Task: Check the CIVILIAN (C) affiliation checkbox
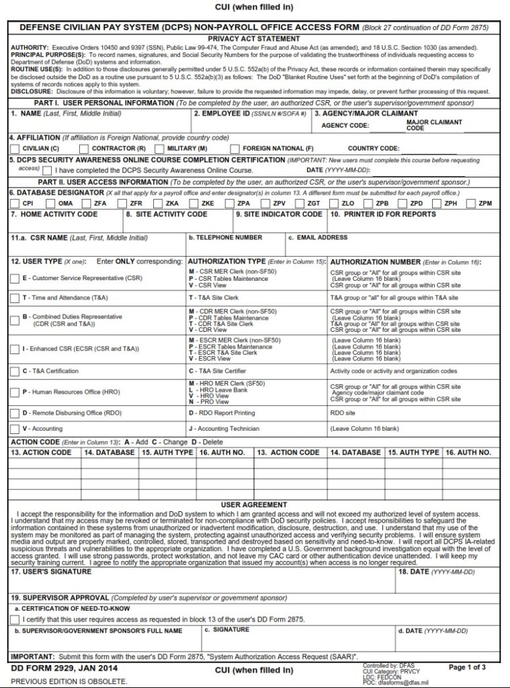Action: [x=15, y=148]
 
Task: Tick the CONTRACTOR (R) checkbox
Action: [x=84, y=148]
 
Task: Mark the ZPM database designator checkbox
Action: [x=470, y=203]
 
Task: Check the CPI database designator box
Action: [x=15, y=203]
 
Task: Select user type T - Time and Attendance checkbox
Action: [x=15, y=298]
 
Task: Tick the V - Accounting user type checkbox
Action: [x=15, y=429]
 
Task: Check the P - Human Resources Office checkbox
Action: [x=15, y=392]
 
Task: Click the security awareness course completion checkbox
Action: [x=46, y=171]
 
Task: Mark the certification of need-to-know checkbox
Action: [x=16, y=619]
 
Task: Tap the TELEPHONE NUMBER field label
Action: [x=225, y=237]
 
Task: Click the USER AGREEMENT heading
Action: [x=254, y=505]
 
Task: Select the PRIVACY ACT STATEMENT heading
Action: [x=254, y=39]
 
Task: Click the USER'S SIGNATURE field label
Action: [x=51, y=572]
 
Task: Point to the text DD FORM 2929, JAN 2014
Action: [x=64, y=668]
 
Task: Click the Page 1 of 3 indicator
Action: [x=467, y=667]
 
